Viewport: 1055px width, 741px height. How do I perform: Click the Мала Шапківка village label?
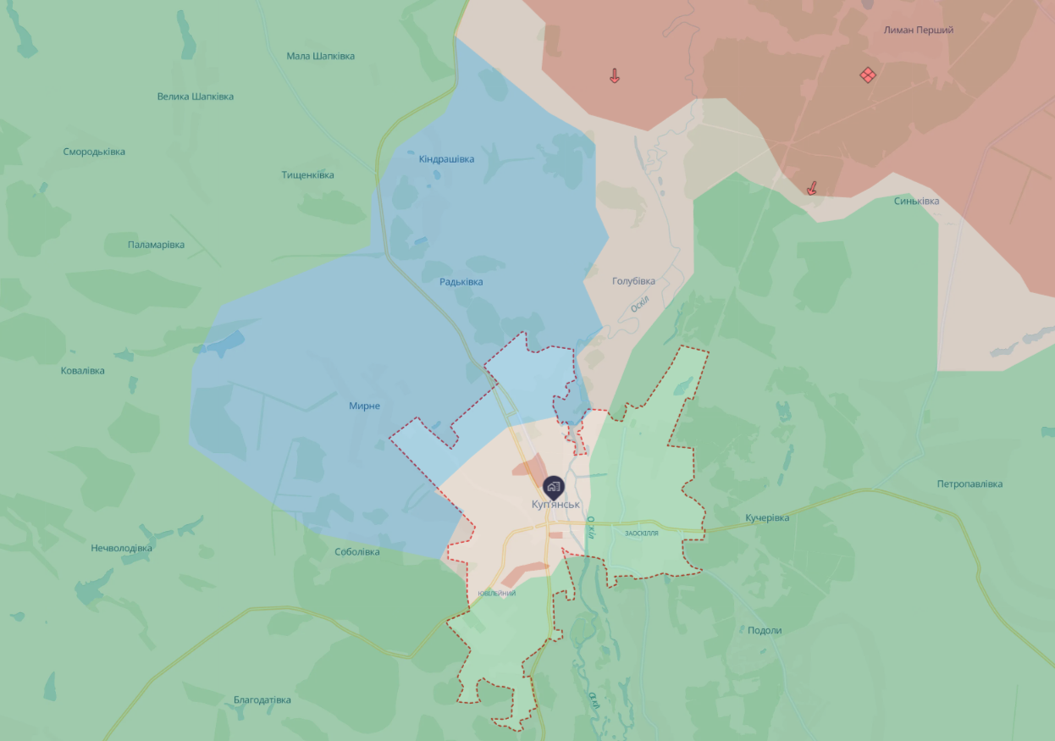click(320, 56)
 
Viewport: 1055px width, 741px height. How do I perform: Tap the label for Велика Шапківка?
click(195, 97)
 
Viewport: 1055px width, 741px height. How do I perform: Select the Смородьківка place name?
click(94, 152)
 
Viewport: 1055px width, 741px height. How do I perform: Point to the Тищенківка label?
click(307, 175)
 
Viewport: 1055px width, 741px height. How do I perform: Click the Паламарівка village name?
click(156, 245)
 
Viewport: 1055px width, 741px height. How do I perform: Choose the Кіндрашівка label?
click(446, 159)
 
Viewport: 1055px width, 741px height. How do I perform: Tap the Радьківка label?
click(461, 282)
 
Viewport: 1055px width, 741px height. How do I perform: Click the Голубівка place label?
click(633, 281)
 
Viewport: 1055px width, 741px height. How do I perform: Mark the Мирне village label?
click(364, 406)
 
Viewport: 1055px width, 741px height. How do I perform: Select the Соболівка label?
click(357, 552)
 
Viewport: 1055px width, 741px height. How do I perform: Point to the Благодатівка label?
click(262, 700)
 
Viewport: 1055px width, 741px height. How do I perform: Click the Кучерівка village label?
click(767, 517)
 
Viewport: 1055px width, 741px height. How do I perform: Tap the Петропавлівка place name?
click(969, 484)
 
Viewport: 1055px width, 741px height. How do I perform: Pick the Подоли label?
click(765, 630)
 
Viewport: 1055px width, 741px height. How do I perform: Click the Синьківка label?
click(916, 202)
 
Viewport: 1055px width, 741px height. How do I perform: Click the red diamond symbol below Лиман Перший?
click(867, 75)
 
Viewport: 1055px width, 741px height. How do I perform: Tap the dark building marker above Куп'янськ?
click(553, 485)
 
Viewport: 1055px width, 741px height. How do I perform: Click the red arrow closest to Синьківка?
click(812, 188)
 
